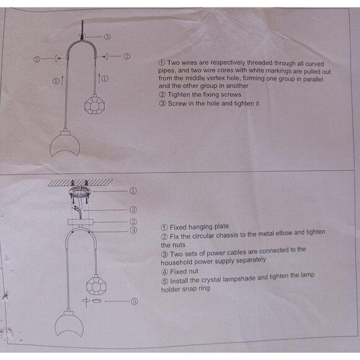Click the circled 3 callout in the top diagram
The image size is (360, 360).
pos(107,37)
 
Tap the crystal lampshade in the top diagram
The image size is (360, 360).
pos(94,104)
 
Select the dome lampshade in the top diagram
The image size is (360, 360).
pos(65,144)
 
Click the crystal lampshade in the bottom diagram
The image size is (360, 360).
pos(96,284)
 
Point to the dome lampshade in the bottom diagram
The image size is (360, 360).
pos(70,324)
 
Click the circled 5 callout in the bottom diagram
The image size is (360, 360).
pos(134,301)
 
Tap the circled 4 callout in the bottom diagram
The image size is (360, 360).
pos(133,230)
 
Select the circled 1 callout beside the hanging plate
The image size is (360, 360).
pos(133,191)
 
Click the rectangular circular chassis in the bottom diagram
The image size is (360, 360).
pos(81,222)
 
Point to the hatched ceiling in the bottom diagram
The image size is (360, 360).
pos(80,182)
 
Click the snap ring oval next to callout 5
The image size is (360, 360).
pos(97,301)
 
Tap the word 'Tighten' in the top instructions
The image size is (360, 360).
pos(180,94)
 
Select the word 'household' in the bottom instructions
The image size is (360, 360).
pos(176,262)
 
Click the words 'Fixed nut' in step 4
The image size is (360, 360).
pos(184,272)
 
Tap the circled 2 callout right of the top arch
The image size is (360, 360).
pos(127,56)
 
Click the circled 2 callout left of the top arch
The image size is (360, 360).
pos(37,60)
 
